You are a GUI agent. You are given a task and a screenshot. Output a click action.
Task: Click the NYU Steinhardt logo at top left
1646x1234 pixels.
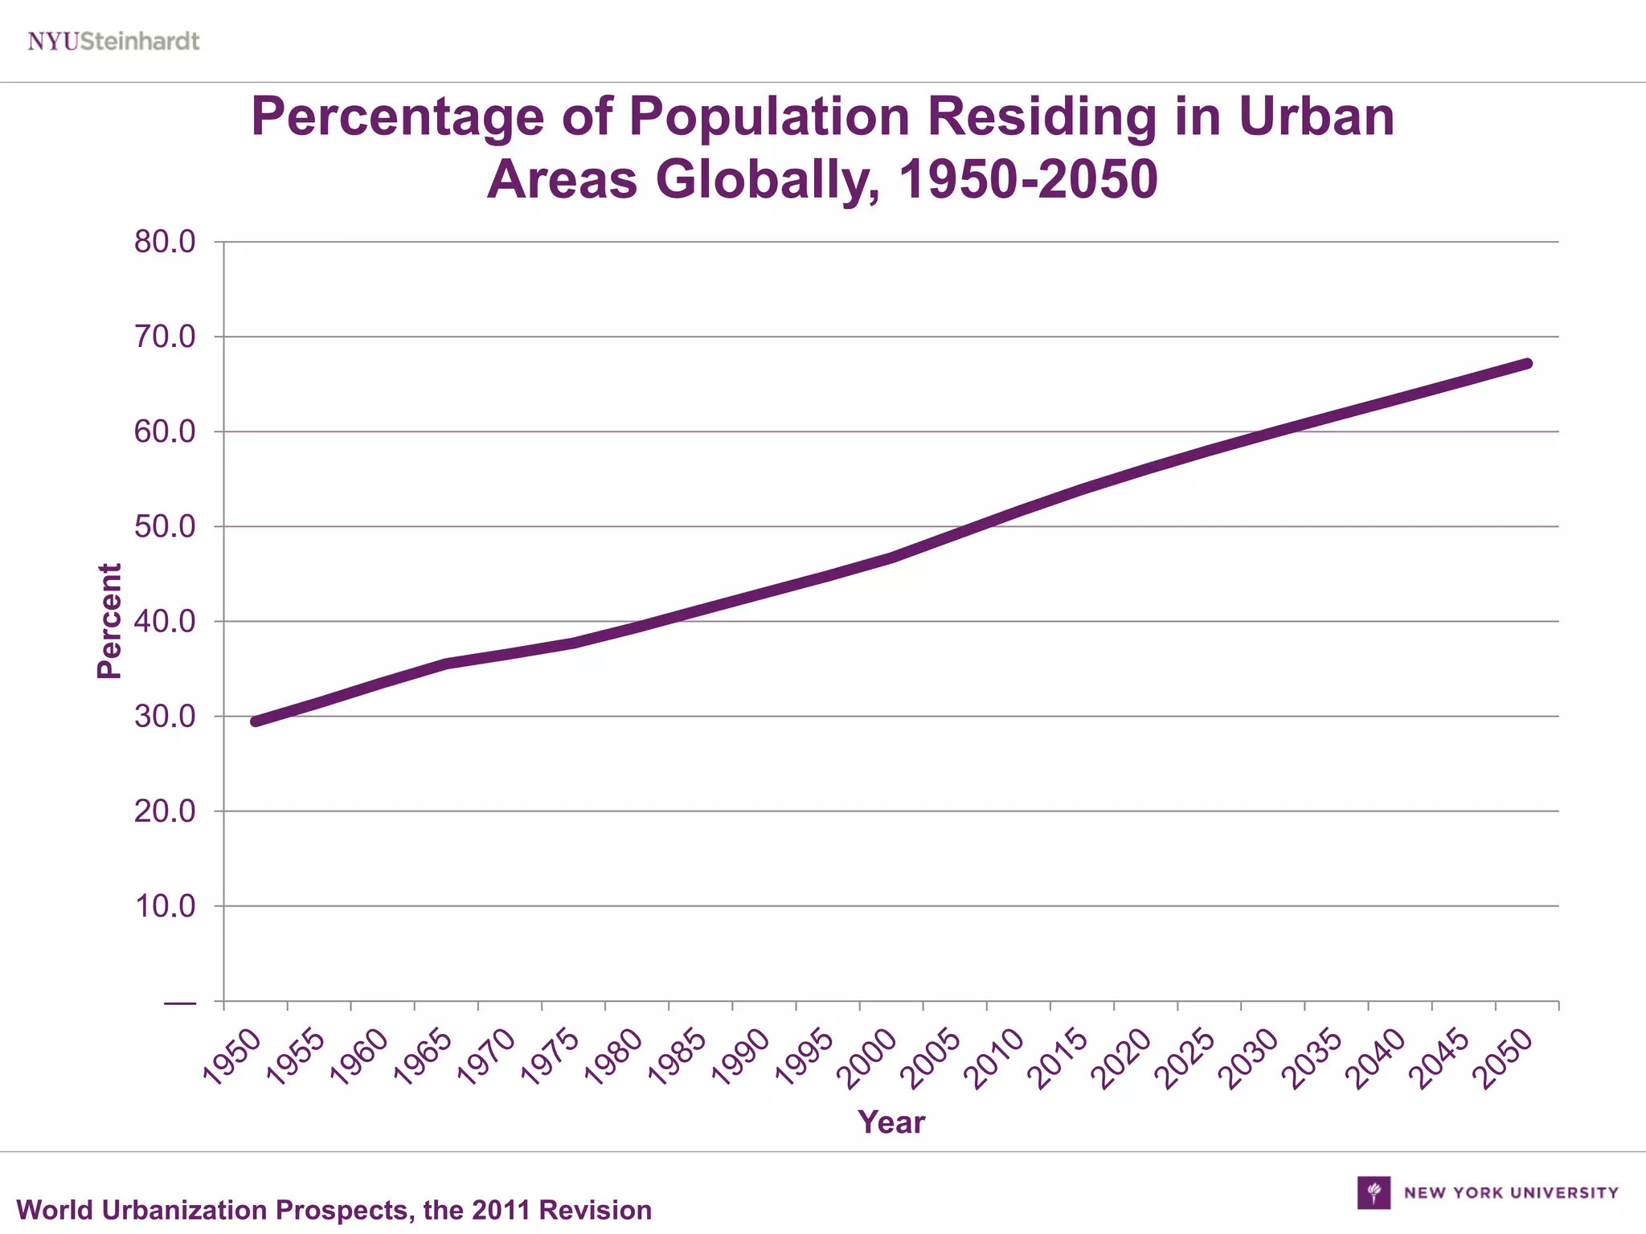coord(113,41)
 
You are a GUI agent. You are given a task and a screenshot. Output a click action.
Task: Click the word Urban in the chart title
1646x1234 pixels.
coord(1316,116)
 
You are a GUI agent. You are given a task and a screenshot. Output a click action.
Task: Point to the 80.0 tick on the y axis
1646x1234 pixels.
coord(165,242)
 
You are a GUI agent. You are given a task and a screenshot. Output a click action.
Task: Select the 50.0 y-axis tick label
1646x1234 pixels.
coord(165,527)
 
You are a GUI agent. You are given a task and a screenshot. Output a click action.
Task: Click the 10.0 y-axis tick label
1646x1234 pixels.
coord(165,906)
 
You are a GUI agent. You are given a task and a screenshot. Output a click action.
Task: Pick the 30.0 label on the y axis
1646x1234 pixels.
coord(165,717)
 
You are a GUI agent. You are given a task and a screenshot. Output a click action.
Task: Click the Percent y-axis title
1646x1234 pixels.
coord(109,621)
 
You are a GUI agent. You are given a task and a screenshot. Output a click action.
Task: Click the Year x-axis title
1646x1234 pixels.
coord(891,1122)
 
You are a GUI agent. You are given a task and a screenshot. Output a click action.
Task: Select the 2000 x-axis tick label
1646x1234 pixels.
coord(869,1058)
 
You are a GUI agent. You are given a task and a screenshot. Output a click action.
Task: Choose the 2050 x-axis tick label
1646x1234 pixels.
coord(1505,1058)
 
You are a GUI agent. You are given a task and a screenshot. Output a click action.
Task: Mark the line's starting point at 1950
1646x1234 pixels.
coord(256,721)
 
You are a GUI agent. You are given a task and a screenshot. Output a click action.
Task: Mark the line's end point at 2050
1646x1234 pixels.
coord(1527,364)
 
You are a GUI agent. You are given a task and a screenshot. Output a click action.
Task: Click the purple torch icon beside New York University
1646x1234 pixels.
coord(1374,1192)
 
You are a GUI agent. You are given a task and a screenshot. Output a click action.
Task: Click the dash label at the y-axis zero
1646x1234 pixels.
coord(179,1003)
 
